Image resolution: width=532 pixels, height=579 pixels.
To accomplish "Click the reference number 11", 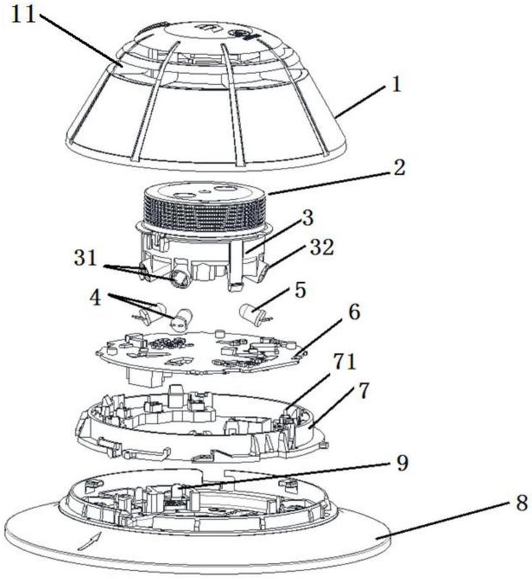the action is pyautogui.click(x=23, y=15).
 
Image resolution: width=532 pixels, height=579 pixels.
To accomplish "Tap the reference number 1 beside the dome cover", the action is pyautogui.click(x=396, y=84).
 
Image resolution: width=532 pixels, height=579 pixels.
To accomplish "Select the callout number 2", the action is pyautogui.click(x=399, y=167).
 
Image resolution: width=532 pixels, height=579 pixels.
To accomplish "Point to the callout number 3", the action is pyautogui.click(x=307, y=218).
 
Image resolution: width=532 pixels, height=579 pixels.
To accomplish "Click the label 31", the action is pyautogui.click(x=85, y=258).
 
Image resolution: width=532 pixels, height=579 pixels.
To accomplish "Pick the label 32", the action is pyautogui.click(x=322, y=247).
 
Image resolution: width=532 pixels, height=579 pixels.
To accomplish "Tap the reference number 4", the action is pyautogui.click(x=96, y=297).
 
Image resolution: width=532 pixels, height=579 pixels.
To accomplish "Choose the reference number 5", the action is pyautogui.click(x=300, y=290).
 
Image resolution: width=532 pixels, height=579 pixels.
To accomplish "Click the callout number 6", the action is pyautogui.click(x=354, y=313).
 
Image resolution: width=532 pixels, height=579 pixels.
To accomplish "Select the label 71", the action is pyautogui.click(x=345, y=362).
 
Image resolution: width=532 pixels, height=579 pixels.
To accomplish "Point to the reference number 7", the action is pyautogui.click(x=363, y=391).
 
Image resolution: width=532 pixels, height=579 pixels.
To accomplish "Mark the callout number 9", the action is pyautogui.click(x=402, y=462).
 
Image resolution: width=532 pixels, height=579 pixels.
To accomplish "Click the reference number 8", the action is pyautogui.click(x=522, y=502).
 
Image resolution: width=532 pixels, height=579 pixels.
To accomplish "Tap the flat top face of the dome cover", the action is pyautogui.click(x=203, y=30).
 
